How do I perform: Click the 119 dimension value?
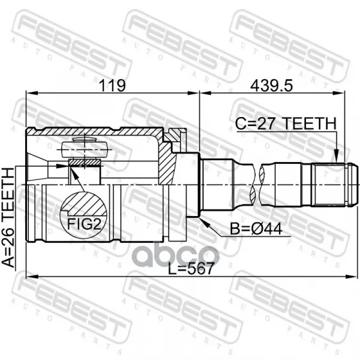112,85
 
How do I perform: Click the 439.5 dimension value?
271,86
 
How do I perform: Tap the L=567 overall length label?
191,268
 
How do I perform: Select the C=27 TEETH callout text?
286,124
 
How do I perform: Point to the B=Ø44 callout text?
256,229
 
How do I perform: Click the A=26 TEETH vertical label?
8,217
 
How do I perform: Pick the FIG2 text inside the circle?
84,224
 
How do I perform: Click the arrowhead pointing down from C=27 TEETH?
336,156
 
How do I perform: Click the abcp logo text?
176,254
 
